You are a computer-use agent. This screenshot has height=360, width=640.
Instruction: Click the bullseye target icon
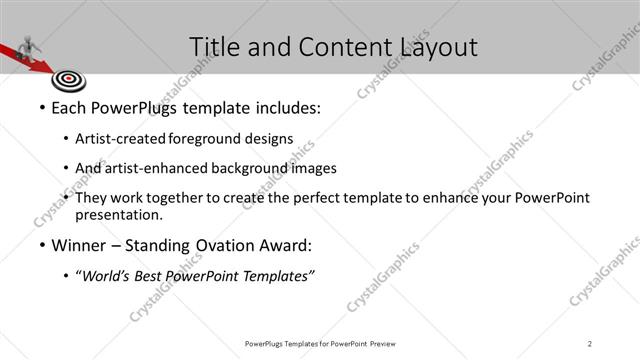point(68,77)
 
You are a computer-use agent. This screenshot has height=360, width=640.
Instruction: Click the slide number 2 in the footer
point(590,344)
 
